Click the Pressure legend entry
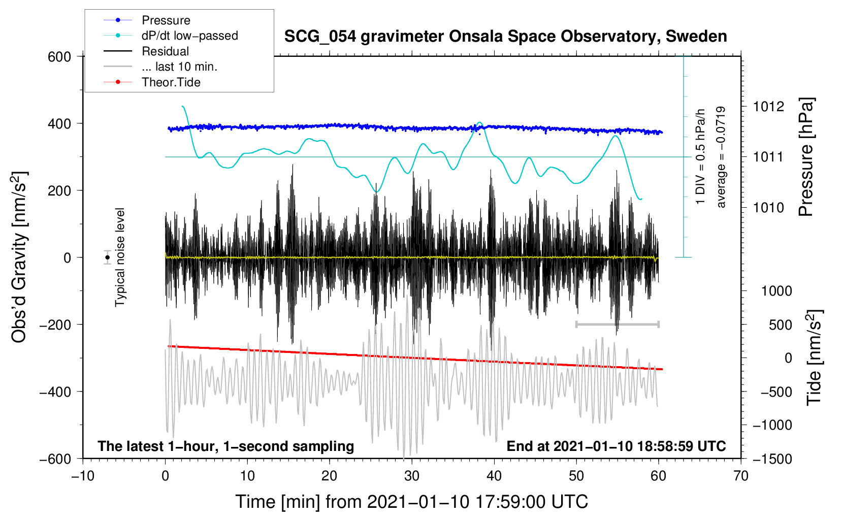coord(166,20)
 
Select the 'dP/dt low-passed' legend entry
coord(189,36)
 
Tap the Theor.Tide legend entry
coord(171,82)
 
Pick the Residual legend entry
coord(165,51)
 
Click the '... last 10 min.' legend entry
coord(179,67)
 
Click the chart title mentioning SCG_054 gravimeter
coord(505,37)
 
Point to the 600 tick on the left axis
coord(59,57)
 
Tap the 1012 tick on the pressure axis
coord(768,107)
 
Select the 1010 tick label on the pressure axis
coord(768,208)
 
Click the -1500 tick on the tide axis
coord(772,459)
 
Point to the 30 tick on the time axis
coord(412,476)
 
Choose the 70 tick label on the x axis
coord(741,476)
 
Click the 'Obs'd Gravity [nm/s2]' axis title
coord(19,257)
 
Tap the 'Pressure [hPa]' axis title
coord(806,157)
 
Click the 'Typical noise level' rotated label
coord(120,257)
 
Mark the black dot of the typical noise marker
coord(108,257)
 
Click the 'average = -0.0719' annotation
coord(721,157)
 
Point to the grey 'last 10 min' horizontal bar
coord(617,324)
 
